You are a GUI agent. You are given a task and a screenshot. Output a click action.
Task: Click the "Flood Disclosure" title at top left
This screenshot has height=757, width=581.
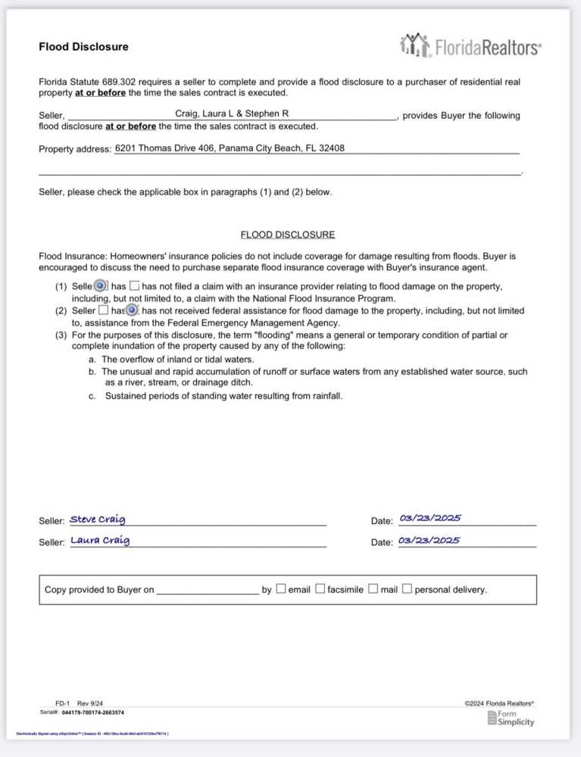pyautogui.click(x=83, y=47)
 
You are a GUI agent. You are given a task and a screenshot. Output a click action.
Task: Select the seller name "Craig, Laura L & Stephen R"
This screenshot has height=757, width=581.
pyautogui.click(x=232, y=114)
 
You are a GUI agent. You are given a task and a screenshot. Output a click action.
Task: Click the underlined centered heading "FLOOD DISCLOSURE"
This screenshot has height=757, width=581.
pyautogui.click(x=287, y=235)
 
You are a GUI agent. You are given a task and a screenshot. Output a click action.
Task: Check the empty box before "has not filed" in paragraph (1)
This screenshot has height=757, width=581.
pyautogui.click(x=135, y=286)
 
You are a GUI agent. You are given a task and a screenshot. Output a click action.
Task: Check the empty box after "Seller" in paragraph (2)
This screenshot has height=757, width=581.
pyautogui.click(x=104, y=310)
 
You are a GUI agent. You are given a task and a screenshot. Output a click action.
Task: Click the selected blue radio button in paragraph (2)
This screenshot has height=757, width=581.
pyautogui.click(x=132, y=310)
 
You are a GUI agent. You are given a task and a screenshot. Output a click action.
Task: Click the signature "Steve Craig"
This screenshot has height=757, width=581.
pyautogui.click(x=98, y=519)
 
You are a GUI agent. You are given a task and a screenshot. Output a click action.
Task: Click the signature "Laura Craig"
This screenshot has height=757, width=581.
pyautogui.click(x=100, y=540)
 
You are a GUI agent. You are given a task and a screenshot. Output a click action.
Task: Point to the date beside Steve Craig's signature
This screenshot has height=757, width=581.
pyautogui.click(x=430, y=519)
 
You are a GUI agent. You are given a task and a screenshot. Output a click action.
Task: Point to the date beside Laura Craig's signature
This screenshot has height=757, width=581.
pyautogui.click(x=429, y=540)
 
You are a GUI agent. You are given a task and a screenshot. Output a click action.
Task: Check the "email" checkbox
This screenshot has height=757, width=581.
pyautogui.click(x=281, y=589)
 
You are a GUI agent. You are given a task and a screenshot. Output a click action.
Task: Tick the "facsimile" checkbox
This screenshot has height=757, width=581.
pyautogui.click(x=320, y=589)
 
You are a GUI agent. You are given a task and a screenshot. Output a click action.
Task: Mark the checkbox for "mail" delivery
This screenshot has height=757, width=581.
pyautogui.click(x=373, y=589)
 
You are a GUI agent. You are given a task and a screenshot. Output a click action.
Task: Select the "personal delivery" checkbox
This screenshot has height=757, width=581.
pyautogui.click(x=408, y=589)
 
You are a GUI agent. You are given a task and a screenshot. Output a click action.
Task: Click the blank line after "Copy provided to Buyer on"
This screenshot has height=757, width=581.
pyautogui.click(x=208, y=590)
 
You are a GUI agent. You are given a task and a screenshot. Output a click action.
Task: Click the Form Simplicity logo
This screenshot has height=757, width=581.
pyautogui.click(x=511, y=718)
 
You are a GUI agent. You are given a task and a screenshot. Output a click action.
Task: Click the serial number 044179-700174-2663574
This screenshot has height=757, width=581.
pyautogui.click(x=92, y=712)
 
